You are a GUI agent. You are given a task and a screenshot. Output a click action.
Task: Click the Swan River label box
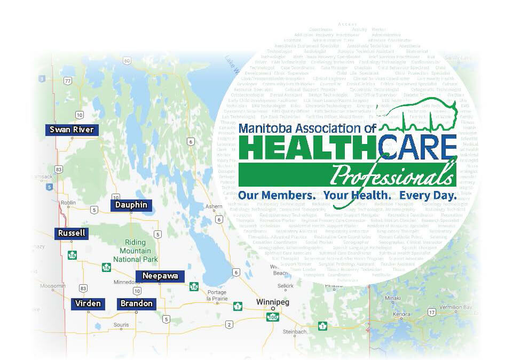72,130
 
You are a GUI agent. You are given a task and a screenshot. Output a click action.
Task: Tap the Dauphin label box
131,205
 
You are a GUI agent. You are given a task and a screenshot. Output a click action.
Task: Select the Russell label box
72,233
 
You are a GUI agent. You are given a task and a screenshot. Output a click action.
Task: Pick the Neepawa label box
160,276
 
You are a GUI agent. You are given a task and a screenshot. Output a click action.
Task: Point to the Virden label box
88,303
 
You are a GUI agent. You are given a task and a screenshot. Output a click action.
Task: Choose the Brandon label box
136,303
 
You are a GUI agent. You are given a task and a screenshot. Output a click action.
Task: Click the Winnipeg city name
272,302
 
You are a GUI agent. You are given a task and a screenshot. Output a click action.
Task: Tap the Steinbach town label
295,332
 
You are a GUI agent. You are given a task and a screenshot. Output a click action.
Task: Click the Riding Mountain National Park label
135,251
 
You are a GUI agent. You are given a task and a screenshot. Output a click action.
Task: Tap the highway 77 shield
67,81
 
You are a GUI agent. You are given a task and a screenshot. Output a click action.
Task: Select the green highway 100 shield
273,317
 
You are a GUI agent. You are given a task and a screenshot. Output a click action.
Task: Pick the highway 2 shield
229,324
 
